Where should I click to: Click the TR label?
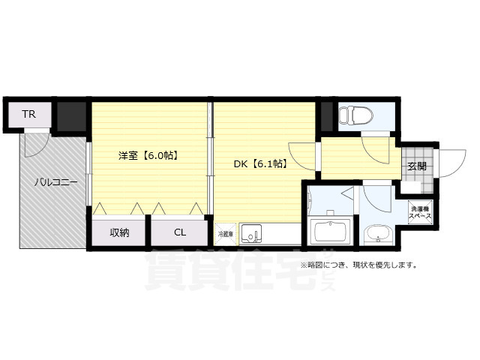pos(28,115)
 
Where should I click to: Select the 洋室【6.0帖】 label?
pos(147,156)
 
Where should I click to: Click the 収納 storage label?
pos(120,232)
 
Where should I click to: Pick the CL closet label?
pos(180,232)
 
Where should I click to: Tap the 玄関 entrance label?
pos(417,167)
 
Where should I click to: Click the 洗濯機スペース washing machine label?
pos(419,211)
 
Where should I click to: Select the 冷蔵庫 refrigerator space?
pos(225,234)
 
